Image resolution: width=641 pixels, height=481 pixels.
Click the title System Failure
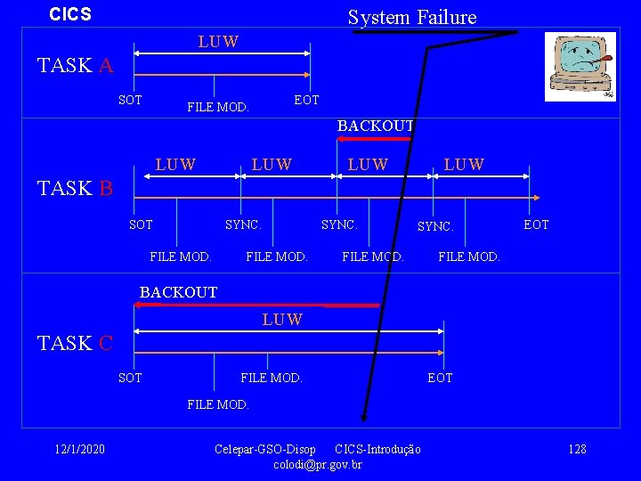click(x=411, y=17)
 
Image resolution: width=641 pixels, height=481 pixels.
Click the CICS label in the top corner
click(x=70, y=15)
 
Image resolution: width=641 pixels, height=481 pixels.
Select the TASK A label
click(x=76, y=65)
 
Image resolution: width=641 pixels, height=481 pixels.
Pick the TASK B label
click(x=76, y=188)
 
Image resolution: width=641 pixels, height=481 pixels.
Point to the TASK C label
click(x=76, y=343)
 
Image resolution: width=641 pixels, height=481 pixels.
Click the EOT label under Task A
click(x=306, y=100)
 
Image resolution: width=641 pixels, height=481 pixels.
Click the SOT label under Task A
click(x=130, y=100)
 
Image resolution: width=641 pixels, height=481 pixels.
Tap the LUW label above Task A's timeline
click(x=218, y=42)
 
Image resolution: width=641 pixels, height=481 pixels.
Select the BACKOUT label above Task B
click(x=375, y=126)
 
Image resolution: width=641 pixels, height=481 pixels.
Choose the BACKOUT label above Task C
click(x=178, y=292)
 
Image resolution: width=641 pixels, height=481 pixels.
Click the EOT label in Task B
click(x=536, y=224)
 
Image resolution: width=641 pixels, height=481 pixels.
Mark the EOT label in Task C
click(x=440, y=378)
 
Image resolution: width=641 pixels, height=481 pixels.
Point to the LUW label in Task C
click(x=282, y=320)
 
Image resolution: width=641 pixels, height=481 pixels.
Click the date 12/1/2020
click(x=79, y=449)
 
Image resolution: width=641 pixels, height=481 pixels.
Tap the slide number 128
click(x=577, y=449)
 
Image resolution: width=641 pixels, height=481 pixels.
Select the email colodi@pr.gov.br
click(x=318, y=464)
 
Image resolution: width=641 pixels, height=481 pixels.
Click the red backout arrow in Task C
click(x=258, y=306)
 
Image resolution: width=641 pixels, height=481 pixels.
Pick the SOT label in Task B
click(x=141, y=224)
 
